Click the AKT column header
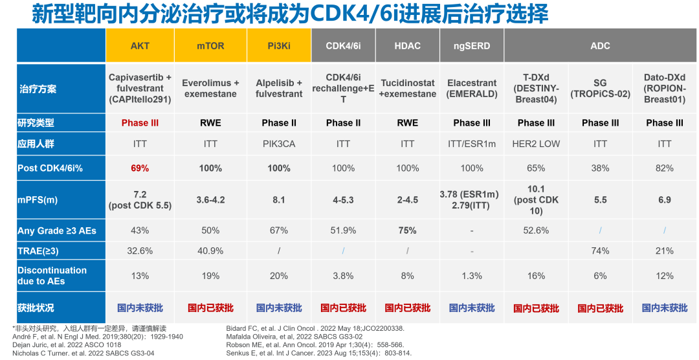tap(140, 46)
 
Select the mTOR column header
tap(210, 46)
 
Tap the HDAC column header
tap(407, 46)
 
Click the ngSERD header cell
tap(472, 46)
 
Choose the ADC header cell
tap(600, 46)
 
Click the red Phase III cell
tap(140, 122)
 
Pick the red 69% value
tap(140, 168)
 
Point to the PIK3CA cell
tap(279, 144)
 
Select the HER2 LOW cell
tap(536, 144)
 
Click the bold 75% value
tap(407, 231)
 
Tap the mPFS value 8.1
tap(279, 200)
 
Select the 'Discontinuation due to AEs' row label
tap(52, 276)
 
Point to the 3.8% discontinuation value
tap(343, 276)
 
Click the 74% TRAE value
tap(600, 251)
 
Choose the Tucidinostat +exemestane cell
tap(407, 89)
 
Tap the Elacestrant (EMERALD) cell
tap(472, 89)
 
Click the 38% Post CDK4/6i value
tap(600, 168)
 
